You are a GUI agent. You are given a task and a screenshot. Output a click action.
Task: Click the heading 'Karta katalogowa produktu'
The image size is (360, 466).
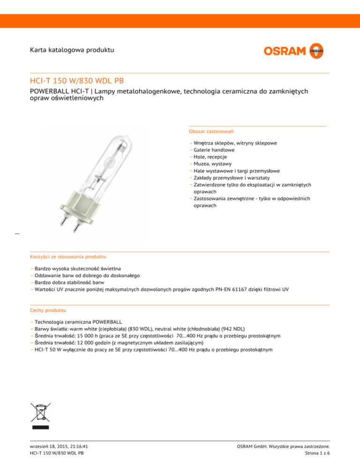click(71, 49)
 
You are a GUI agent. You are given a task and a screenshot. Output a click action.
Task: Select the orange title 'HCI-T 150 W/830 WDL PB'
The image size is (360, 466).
click(76, 81)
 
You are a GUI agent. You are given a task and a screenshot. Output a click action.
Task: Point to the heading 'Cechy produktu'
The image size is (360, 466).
click(47, 310)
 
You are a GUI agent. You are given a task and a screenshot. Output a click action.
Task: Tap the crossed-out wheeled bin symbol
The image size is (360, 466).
click(40, 413)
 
